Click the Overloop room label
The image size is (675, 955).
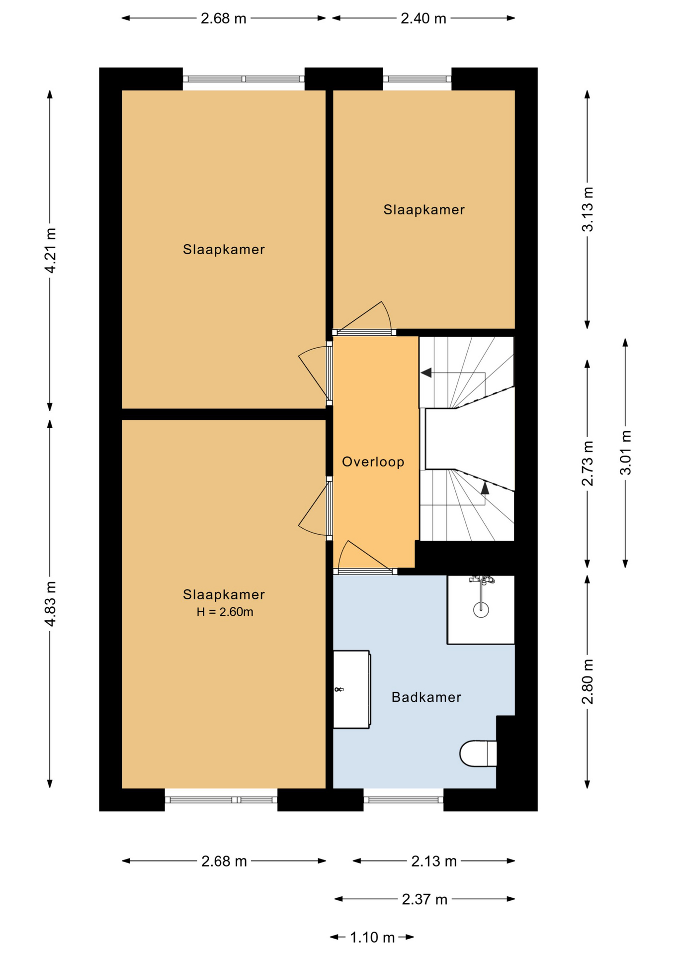[x=373, y=462]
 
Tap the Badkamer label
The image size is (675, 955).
[x=426, y=697]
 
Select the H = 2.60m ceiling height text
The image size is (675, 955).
[x=225, y=612]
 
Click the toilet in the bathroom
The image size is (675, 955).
[x=478, y=754]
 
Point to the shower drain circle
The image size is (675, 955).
[x=481, y=609]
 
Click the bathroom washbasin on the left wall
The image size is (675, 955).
[x=351, y=689]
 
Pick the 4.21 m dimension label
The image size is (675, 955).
[x=50, y=250]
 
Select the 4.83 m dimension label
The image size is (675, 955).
[x=50, y=604]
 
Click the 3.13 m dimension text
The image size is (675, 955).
[x=588, y=209]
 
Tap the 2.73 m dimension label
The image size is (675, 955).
[x=588, y=463]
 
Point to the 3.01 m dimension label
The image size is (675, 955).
[x=626, y=453]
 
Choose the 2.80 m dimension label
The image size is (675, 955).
[x=588, y=681]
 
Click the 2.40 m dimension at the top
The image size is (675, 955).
[x=423, y=19]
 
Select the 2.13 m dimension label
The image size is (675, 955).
[x=433, y=861]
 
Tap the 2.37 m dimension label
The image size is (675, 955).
[x=424, y=899]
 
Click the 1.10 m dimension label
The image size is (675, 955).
[x=372, y=938]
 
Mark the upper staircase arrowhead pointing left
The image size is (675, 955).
[x=426, y=373]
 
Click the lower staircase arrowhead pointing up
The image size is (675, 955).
[x=485, y=488]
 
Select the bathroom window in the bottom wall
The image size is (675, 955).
[x=404, y=800]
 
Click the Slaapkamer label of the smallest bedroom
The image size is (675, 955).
[x=424, y=210]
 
